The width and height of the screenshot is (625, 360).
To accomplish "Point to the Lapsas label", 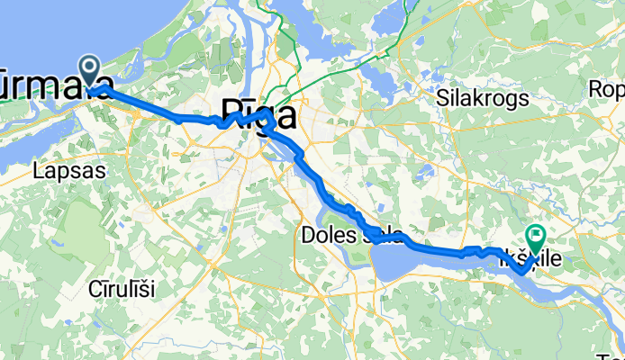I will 68,169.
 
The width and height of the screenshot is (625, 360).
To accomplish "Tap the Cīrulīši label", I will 123,289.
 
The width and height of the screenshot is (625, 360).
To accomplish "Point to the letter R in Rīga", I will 222,117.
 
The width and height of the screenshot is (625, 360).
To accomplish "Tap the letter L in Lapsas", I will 37,169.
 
